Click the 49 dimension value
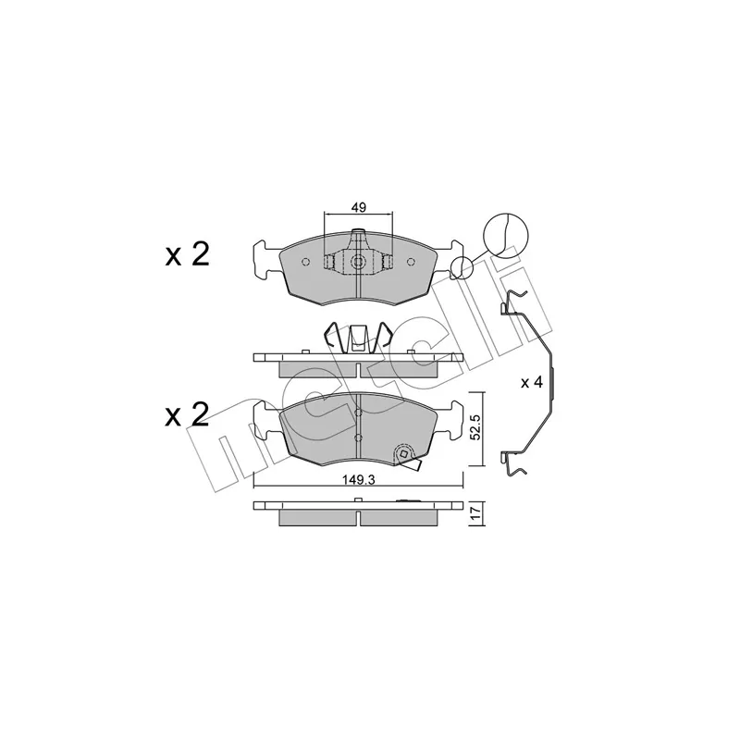359,206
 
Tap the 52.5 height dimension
476,428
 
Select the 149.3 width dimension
358,480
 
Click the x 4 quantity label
531,383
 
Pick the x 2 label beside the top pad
187,255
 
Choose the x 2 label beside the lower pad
187,415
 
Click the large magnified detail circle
506,236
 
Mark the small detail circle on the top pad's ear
461,268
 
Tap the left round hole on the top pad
305,262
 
